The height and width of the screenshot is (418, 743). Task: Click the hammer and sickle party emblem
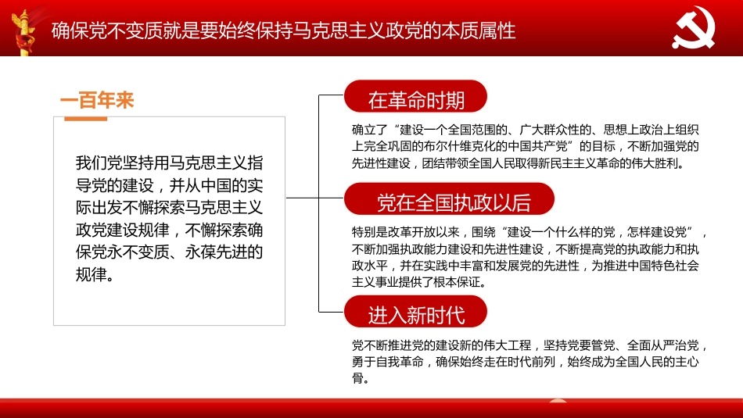[699, 30]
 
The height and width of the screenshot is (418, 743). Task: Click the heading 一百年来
[97, 101]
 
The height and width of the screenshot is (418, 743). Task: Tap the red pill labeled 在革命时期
[416, 99]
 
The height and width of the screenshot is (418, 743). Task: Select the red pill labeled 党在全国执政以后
[454, 202]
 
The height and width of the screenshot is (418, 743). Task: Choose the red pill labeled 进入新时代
[416, 314]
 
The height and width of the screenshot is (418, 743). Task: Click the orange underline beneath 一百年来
[85, 118]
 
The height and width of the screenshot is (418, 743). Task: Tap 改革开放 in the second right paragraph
[422, 232]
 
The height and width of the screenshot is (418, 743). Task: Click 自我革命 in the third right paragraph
[400, 362]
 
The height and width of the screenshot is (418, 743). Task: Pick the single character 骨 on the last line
[357, 379]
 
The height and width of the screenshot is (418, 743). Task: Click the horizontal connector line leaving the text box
[302, 198]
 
